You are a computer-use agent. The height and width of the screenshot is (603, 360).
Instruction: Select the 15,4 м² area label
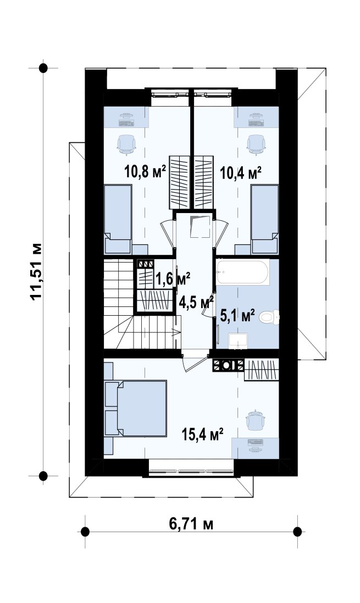(x=203, y=435)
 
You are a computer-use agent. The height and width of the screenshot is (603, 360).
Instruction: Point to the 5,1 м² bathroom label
(x=237, y=316)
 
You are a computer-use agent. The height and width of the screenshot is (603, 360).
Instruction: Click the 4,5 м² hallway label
(x=196, y=302)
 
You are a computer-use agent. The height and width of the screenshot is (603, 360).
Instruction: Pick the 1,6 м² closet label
(x=173, y=279)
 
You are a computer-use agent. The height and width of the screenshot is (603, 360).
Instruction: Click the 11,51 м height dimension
(x=36, y=271)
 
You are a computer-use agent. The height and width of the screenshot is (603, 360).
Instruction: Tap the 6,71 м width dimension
(x=191, y=523)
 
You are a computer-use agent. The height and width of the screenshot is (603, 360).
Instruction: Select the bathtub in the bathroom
(x=242, y=272)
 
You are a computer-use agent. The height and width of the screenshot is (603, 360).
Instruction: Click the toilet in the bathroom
(x=269, y=317)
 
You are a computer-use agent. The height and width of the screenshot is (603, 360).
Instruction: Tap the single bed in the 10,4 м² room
(x=264, y=219)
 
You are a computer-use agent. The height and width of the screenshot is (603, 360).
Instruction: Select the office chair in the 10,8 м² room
(x=126, y=144)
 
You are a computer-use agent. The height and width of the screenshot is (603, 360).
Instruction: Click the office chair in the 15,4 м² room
(x=255, y=420)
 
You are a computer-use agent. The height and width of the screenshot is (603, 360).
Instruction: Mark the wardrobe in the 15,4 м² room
(x=262, y=370)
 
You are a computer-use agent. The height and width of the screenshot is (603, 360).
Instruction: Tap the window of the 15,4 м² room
(x=191, y=471)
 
